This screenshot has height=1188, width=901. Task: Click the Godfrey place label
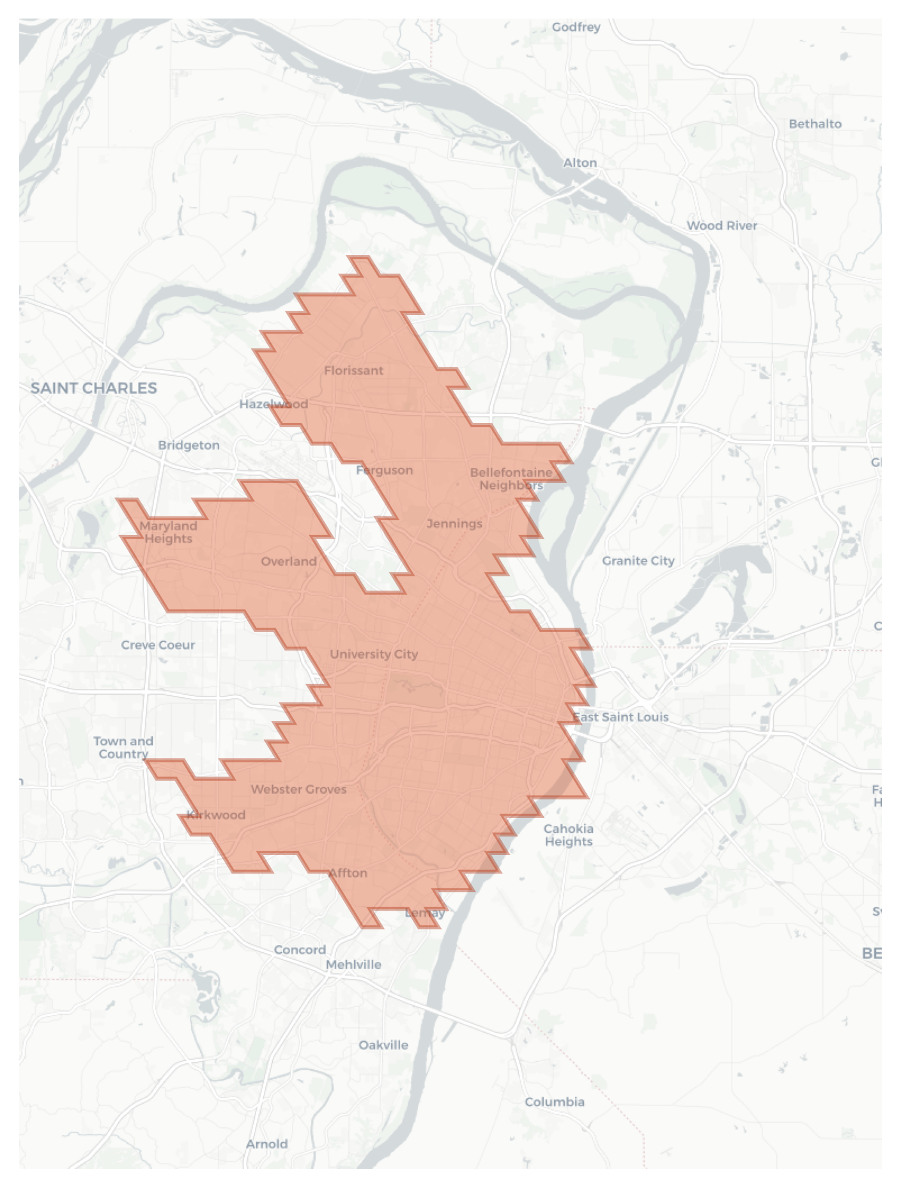tap(576, 27)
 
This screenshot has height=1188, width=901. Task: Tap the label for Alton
tap(580, 163)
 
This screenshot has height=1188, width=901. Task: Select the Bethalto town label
tap(815, 124)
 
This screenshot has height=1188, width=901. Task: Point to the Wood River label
tap(721, 226)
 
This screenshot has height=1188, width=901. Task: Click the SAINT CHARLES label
tap(93, 388)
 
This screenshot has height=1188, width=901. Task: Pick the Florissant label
tap(353, 371)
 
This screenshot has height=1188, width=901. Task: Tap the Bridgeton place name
tap(189, 445)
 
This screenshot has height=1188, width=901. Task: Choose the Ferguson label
tap(384, 470)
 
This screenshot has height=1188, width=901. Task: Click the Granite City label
tap(638, 561)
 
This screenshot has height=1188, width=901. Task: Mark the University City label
tap(374, 654)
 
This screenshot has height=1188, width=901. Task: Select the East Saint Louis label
tap(620, 717)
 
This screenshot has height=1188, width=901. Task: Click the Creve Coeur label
tap(158, 645)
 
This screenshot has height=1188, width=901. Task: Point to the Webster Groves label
tap(298, 790)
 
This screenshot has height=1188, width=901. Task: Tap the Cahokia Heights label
tap(568, 835)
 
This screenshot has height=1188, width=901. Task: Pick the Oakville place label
tap(383, 1045)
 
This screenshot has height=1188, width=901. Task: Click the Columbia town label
tap(554, 1102)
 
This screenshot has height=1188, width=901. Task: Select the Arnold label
tap(266, 1145)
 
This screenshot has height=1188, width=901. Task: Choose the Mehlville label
tap(353, 965)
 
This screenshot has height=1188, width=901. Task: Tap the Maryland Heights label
tap(168, 532)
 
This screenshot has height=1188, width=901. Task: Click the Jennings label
tap(454, 524)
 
